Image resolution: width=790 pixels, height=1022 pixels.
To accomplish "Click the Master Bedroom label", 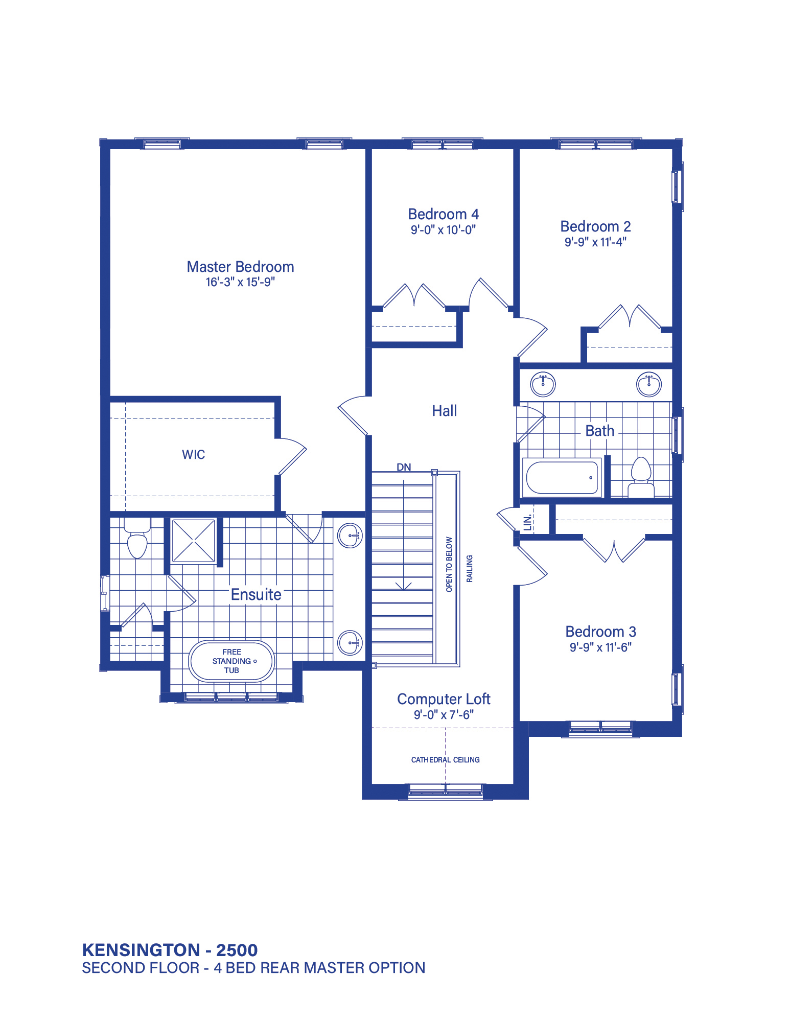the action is coord(240,267).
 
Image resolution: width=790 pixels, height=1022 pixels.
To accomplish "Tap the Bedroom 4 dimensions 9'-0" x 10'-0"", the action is coord(443,230).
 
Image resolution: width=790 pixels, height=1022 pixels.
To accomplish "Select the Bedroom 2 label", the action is coord(595,226).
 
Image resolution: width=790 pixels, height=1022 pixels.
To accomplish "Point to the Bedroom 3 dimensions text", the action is coord(600,647).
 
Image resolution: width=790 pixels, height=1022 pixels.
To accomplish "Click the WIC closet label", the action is coord(193,455).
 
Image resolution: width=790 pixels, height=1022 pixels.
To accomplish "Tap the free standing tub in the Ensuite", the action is coord(231,661).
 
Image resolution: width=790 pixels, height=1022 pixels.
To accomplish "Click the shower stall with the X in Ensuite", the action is coord(194,541).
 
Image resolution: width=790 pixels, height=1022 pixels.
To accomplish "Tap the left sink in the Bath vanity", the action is coord(543,384).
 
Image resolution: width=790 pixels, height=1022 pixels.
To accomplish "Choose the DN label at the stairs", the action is coord(404,467).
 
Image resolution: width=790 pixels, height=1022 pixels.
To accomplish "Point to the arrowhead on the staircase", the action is coord(404,586).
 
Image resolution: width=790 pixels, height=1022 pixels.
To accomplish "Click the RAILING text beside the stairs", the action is coord(470,568).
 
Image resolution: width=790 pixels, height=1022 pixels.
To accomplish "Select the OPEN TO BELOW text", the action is coord(449,564).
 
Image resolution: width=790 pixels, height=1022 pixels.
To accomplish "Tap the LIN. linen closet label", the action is coord(528,522).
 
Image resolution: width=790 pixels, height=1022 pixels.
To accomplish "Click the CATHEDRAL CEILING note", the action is coord(445,760).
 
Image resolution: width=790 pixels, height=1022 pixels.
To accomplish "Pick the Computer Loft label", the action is coord(444,699).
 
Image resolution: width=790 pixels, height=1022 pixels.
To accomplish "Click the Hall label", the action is coord(444,411).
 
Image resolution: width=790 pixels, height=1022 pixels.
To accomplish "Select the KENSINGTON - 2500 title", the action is coord(170,950).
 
